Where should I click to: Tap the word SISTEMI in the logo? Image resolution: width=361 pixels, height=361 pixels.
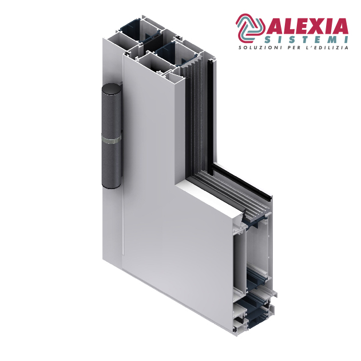[x=306, y=40]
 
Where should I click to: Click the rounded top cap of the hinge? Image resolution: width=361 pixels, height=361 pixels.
[x=112, y=89]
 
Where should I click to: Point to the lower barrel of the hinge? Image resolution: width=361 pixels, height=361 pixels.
[x=112, y=165]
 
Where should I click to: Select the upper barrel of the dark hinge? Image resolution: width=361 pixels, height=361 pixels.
[x=112, y=113]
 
